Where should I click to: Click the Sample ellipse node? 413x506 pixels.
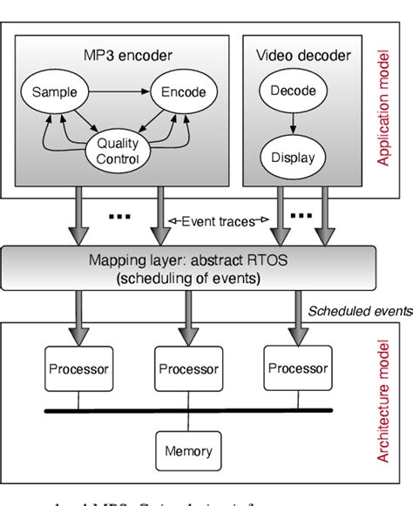click(x=55, y=91)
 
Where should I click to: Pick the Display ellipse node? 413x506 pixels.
click(x=288, y=159)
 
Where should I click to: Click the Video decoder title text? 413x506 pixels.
click(x=302, y=56)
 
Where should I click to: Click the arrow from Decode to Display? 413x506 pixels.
click(x=288, y=125)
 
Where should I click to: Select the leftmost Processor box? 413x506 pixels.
click(x=78, y=368)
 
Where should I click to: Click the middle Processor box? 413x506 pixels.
click(x=188, y=369)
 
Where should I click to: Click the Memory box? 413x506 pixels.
click(x=188, y=450)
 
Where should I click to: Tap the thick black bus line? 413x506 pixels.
click(x=188, y=409)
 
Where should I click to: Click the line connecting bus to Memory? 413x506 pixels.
click(x=188, y=421)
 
